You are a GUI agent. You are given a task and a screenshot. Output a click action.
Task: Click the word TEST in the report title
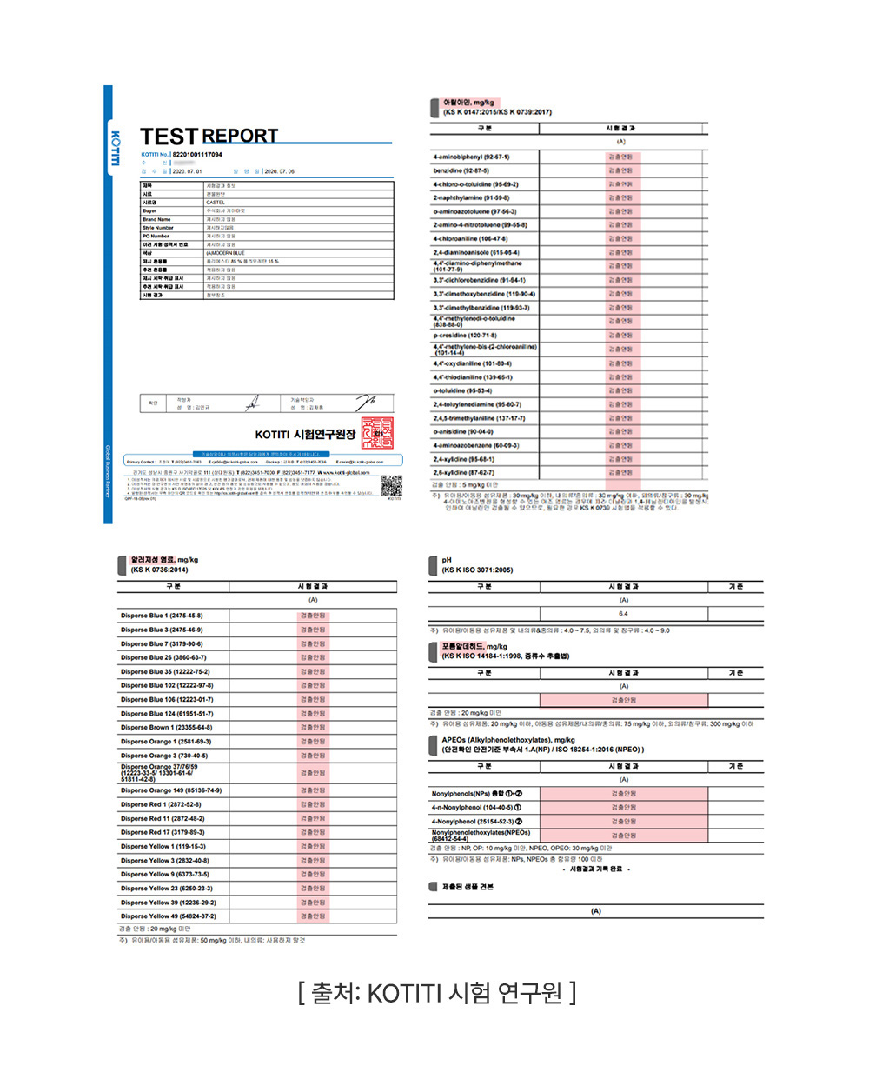(x=169, y=137)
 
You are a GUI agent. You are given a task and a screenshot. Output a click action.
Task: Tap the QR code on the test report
(x=392, y=485)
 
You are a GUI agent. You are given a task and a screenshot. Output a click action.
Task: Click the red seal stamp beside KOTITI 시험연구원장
(x=377, y=433)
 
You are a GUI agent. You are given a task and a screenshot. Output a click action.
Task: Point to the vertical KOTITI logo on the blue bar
(x=115, y=150)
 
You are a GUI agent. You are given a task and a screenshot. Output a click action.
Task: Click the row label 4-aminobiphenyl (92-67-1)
(x=471, y=157)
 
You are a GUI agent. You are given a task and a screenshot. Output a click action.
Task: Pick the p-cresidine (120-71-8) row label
(x=465, y=336)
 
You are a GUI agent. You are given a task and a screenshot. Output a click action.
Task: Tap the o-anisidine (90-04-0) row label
(x=463, y=432)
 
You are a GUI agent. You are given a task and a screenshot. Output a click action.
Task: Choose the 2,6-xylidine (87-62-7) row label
(x=464, y=472)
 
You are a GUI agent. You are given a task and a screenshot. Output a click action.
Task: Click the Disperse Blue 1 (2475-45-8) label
(x=162, y=616)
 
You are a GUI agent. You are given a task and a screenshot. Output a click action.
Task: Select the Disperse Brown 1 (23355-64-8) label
(x=166, y=728)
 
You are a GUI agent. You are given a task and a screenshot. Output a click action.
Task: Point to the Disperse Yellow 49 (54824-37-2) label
(x=169, y=916)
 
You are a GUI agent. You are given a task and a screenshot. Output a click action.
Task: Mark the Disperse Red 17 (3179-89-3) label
(x=163, y=832)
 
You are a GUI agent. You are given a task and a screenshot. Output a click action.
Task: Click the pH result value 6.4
(x=623, y=614)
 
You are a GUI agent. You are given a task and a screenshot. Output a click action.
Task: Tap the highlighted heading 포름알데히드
(x=462, y=646)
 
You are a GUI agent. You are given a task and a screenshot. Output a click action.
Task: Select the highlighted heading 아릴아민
(x=456, y=103)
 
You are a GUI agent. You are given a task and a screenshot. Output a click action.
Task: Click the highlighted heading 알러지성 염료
(x=153, y=560)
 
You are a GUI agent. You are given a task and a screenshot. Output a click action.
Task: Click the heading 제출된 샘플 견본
(x=468, y=887)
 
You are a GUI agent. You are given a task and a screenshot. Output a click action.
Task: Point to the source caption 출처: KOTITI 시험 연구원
(x=436, y=992)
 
